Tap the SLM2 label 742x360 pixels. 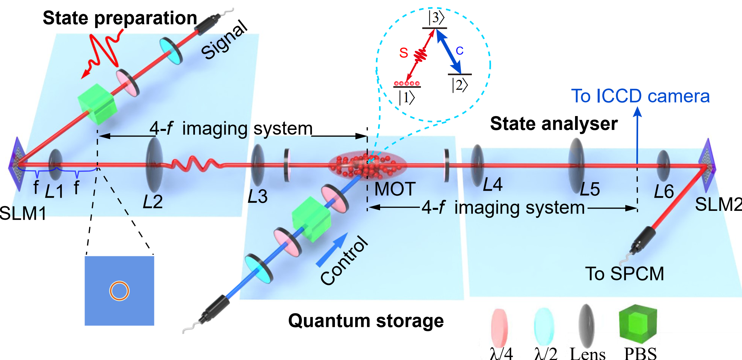[718, 204]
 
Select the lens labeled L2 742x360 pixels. [154, 164]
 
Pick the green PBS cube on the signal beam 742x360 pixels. [97, 104]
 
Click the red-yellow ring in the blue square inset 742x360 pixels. [119, 291]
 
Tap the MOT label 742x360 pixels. [395, 189]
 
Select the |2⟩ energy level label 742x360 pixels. [460, 85]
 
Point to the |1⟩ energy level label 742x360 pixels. [406, 98]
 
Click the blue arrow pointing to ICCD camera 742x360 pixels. [637, 135]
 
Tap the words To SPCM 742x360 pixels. [624, 274]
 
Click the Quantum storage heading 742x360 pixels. [366, 321]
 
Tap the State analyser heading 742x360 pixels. [554, 123]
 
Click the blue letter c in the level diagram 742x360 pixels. [459, 51]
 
